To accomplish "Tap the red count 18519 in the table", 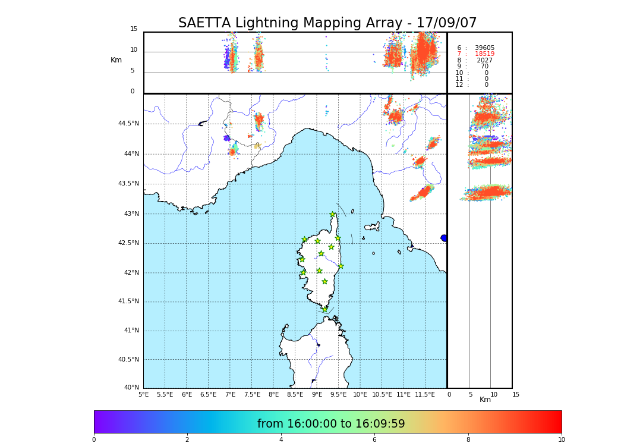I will click(x=484, y=54).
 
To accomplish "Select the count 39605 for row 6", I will click(x=484, y=48).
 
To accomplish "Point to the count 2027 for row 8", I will click(x=484, y=61).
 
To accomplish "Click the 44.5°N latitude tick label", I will click(x=128, y=124).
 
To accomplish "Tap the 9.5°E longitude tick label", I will click(x=339, y=394).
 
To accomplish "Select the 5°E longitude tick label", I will click(x=144, y=394).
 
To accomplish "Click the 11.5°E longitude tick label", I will click(x=425, y=394).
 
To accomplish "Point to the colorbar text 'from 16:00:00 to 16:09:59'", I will click(x=331, y=424).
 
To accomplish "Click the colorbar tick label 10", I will click(x=561, y=440).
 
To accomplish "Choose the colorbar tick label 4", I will click(x=281, y=440).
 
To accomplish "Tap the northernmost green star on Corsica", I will click(x=333, y=215).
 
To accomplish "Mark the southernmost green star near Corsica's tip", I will click(x=324, y=309).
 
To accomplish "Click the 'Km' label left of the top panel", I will click(x=116, y=60).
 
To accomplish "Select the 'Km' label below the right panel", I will click(x=485, y=400).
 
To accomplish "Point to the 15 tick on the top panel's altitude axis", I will click(x=134, y=29).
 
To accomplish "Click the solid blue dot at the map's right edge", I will click(x=444, y=238).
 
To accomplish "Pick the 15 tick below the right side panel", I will click(x=516, y=394).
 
